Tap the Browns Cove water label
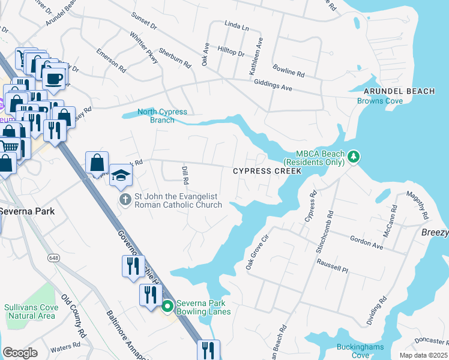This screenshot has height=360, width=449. click(380, 101)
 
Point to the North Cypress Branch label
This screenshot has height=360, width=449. click(162, 116)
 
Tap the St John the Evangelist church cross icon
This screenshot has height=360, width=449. click(125, 199)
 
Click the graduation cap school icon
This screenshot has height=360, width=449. click(121, 175)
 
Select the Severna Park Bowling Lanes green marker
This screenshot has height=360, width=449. click(167, 307)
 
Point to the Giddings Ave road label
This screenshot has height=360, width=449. click(273, 86)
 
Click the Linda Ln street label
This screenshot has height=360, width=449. click(236, 27)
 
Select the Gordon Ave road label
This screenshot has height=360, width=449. click(366, 242)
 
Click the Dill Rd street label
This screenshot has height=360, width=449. click(185, 176)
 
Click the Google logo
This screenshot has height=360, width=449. click(20, 353)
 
